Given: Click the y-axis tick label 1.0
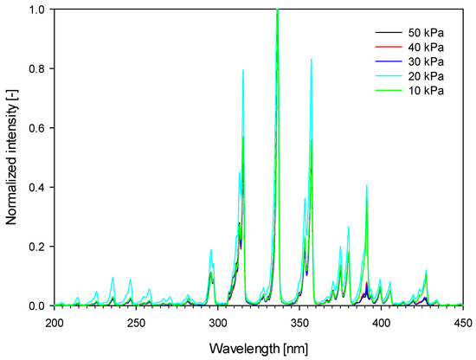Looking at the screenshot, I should click(40, 10).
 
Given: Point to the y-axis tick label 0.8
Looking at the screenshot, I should click(40, 69).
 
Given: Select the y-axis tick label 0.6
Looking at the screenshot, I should click(40, 128).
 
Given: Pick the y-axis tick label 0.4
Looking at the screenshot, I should click(40, 188).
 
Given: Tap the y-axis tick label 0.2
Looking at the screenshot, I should click(40, 247).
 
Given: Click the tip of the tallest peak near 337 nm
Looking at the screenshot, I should click(277, 10).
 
